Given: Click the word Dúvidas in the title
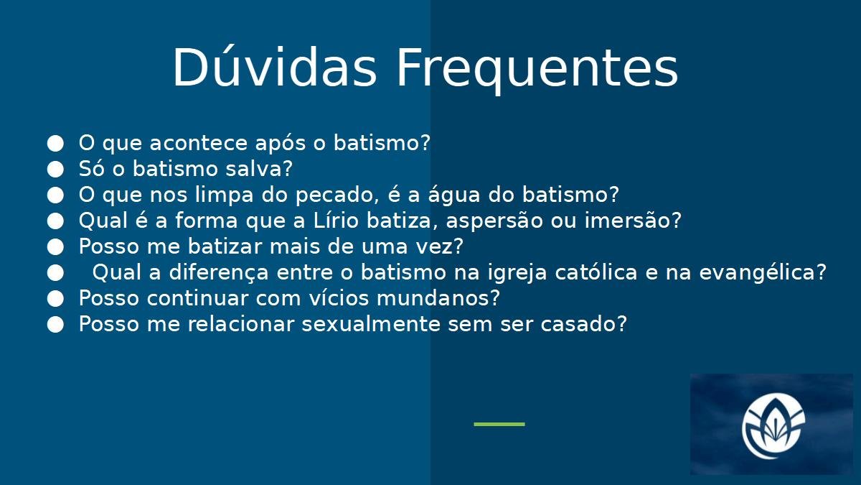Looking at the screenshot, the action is tap(274, 68).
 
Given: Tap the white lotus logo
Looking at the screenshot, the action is tap(773, 426).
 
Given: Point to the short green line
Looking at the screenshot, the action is tap(499, 424).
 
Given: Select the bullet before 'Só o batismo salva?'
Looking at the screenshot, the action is tap(55, 169).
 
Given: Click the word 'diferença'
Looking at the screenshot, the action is tap(219, 273).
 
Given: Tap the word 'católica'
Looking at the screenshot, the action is tap(596, 272).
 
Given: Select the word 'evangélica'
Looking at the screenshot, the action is tap(757, 273).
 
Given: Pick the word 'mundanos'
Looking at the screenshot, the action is tap(433, 298).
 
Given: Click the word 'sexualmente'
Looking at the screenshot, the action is tap(370, 324).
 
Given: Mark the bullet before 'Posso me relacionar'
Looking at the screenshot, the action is tap(55, 325).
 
